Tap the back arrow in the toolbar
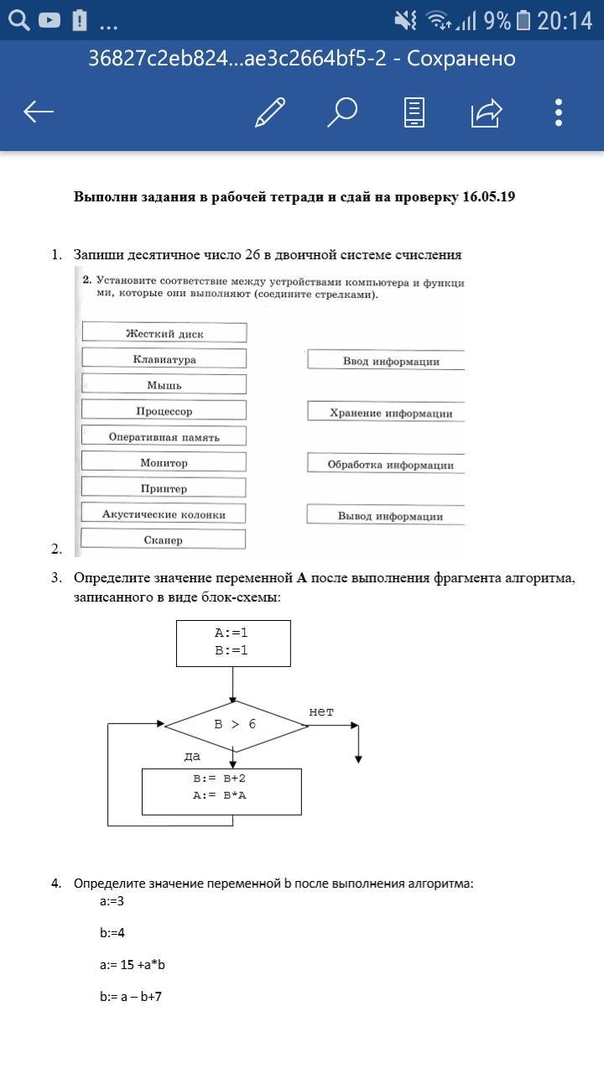(39, 112)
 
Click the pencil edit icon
(270, 112)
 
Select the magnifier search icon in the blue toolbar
(341, 112)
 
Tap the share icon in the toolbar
(487, 112)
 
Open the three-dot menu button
(559, 112)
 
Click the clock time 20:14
(565, 20)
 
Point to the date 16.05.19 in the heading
(488, 197)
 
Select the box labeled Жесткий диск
(164, 333)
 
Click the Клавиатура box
(164, 359)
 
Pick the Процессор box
(164, 411)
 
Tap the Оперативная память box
(164, 436)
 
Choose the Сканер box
(164, 540)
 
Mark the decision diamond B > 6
(236, 725)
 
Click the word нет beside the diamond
(321, 712)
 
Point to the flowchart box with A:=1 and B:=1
(233, 643)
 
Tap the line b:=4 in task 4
(112, 932)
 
